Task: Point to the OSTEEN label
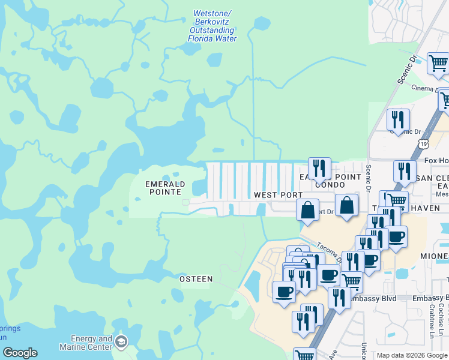click(x=196, y=279)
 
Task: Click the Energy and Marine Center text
click(x=85, y=343)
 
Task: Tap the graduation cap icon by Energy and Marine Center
click(x=121, y=342)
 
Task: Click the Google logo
click(x=19, y=353)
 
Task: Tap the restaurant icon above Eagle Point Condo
click(x=319, y=168)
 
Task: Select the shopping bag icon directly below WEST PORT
click(x=307, y=210)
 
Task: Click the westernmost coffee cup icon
click(x=284, y=292)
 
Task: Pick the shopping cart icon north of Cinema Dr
click(x=438, y=62)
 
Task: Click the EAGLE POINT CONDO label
click(x=327, y=180)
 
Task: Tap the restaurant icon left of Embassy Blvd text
click(x=339, y=297)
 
